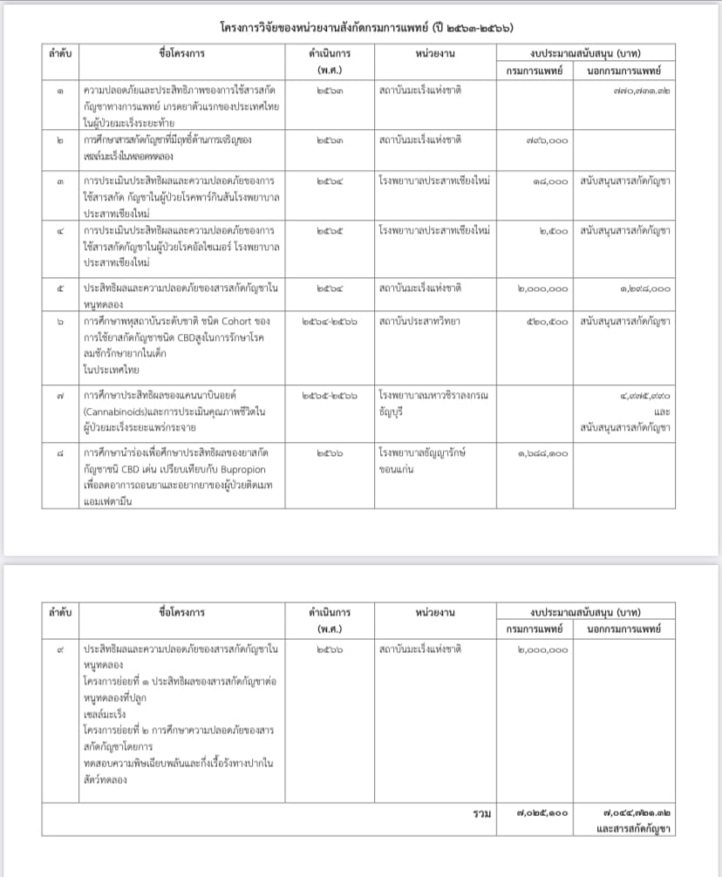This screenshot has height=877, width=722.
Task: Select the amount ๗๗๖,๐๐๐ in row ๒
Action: (x=548, y=139)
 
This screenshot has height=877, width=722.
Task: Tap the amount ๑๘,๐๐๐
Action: (x=549, y=180)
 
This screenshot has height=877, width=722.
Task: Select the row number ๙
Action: (x=59, y=649)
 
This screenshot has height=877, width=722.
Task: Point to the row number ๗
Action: (x=59, y=395)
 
